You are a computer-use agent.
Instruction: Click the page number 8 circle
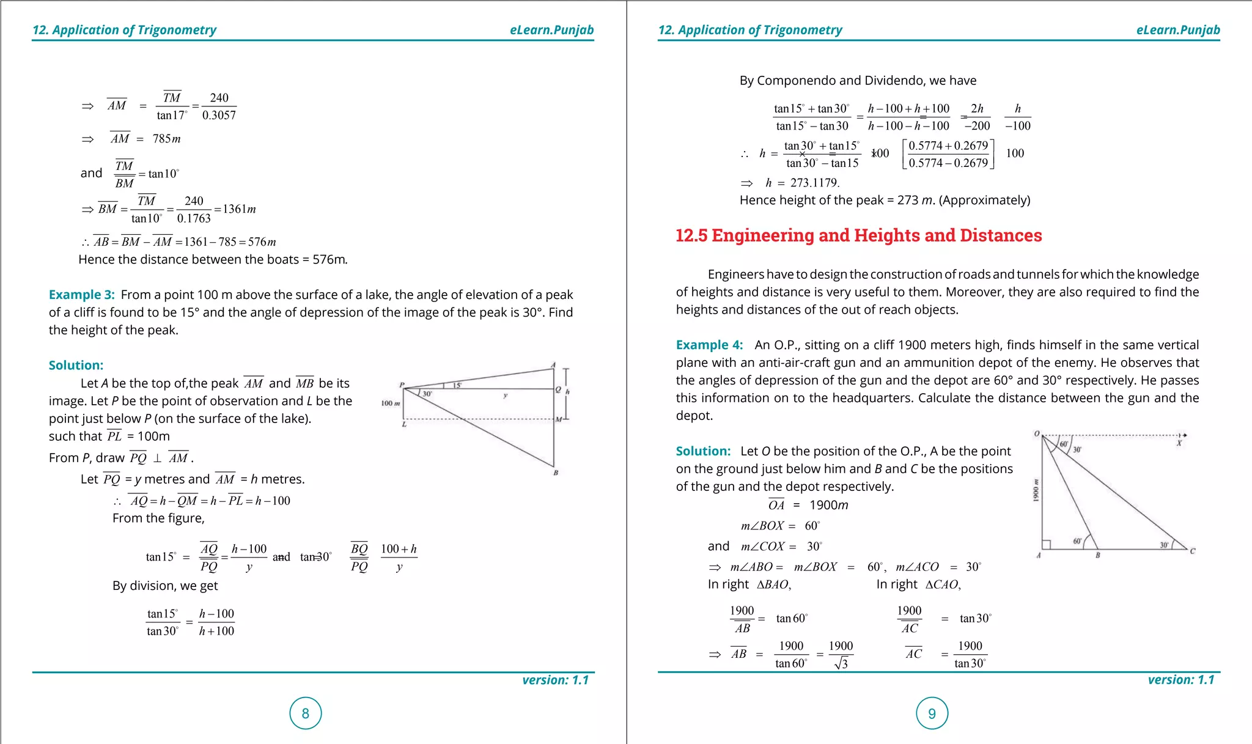[305, 713]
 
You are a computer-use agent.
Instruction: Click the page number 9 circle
[932, 713]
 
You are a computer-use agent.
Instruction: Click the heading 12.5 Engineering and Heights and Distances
[858, 235]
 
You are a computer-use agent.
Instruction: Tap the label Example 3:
[81, 295]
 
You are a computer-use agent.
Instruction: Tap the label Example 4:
[709, 345]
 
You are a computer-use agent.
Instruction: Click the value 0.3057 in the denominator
[219, 115]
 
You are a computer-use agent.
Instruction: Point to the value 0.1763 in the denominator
[194, 218]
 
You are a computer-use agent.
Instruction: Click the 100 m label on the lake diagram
[390, 403]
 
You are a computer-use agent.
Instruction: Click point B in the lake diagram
[556, 473]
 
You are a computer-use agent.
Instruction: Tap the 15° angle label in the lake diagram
[457, 385]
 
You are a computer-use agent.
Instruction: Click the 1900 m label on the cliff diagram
[1036, 490]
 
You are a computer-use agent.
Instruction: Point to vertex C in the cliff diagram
[1192, 551]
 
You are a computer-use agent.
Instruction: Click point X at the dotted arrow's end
[1179, 443]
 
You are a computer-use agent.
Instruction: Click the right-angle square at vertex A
[1046, 545]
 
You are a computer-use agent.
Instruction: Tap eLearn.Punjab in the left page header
[551, 30]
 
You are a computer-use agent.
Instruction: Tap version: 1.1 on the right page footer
[1180, 680]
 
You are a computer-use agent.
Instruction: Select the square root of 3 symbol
[841, 663]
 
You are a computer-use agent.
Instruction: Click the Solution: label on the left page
[76, 365]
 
